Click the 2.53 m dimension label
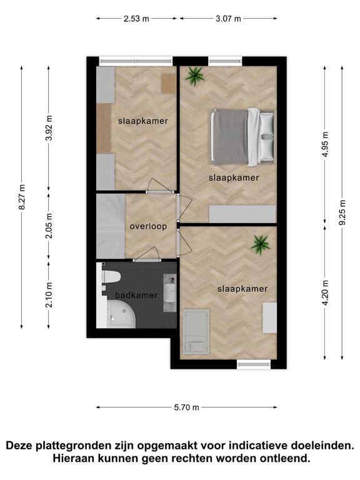pos(136,19)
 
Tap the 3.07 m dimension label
pos(228,19)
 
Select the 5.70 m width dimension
pos(186,407)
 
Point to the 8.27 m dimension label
pos(22,197)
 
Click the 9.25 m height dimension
pos(342,212)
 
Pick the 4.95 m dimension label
pos(325,144)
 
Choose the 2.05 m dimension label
pos(49,226)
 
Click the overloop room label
pos(149,226)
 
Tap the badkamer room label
pos(136,296)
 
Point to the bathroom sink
pos(169,292)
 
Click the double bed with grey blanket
pos(241,137)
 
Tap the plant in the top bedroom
pos(194,76)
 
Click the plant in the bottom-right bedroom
pos(261,244)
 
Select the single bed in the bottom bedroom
pos(196,332)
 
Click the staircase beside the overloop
pos(111,226)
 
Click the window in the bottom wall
pos(254,364)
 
